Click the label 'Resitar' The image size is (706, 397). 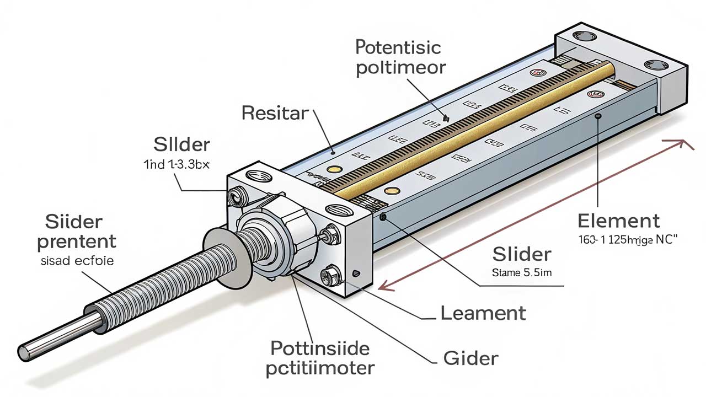[275, 114]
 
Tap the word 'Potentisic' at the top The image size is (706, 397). [398, 47]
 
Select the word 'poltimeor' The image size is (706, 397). [400, 69]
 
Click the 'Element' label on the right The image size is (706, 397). [618, 221]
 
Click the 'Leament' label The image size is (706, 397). [483, 313]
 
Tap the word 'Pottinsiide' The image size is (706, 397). [320, 348]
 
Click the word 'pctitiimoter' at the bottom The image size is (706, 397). [320, 368]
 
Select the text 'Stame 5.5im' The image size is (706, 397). [521, 272]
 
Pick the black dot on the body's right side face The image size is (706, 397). [598, 116]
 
